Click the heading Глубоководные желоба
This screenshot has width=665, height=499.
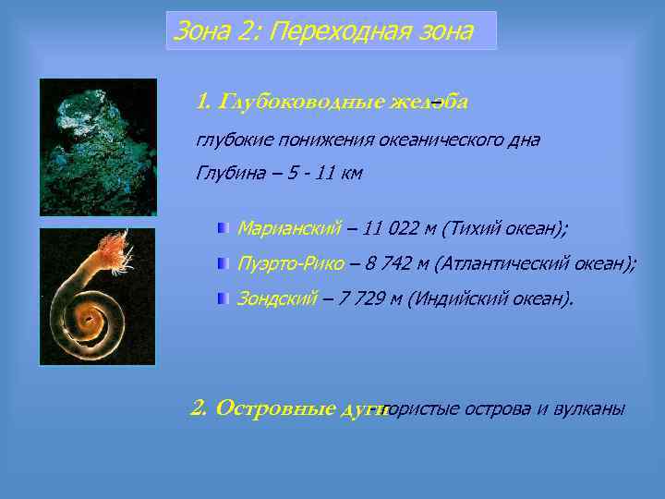(332, 101)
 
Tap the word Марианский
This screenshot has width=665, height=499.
(289, 227)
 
